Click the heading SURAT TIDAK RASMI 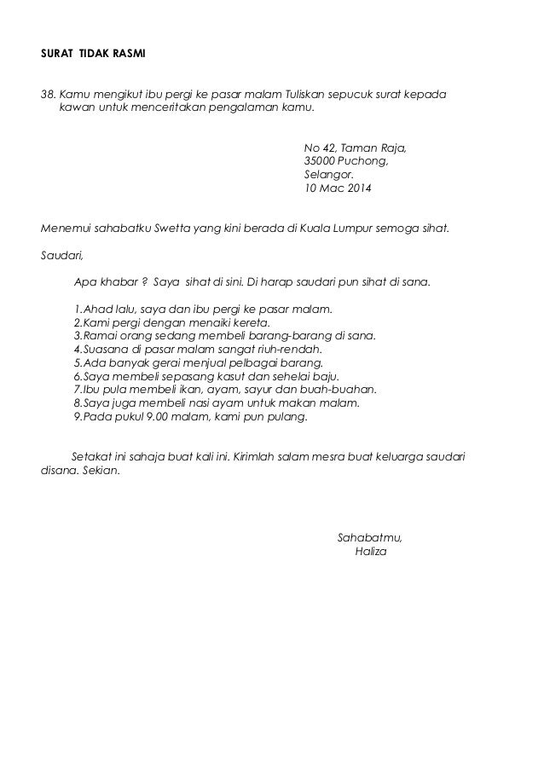pyautogui.click(x=93, y=55)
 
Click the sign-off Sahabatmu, pyautogui.click(x=370, y=538)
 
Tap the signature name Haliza pyautogui.click(x=369, y=552)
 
